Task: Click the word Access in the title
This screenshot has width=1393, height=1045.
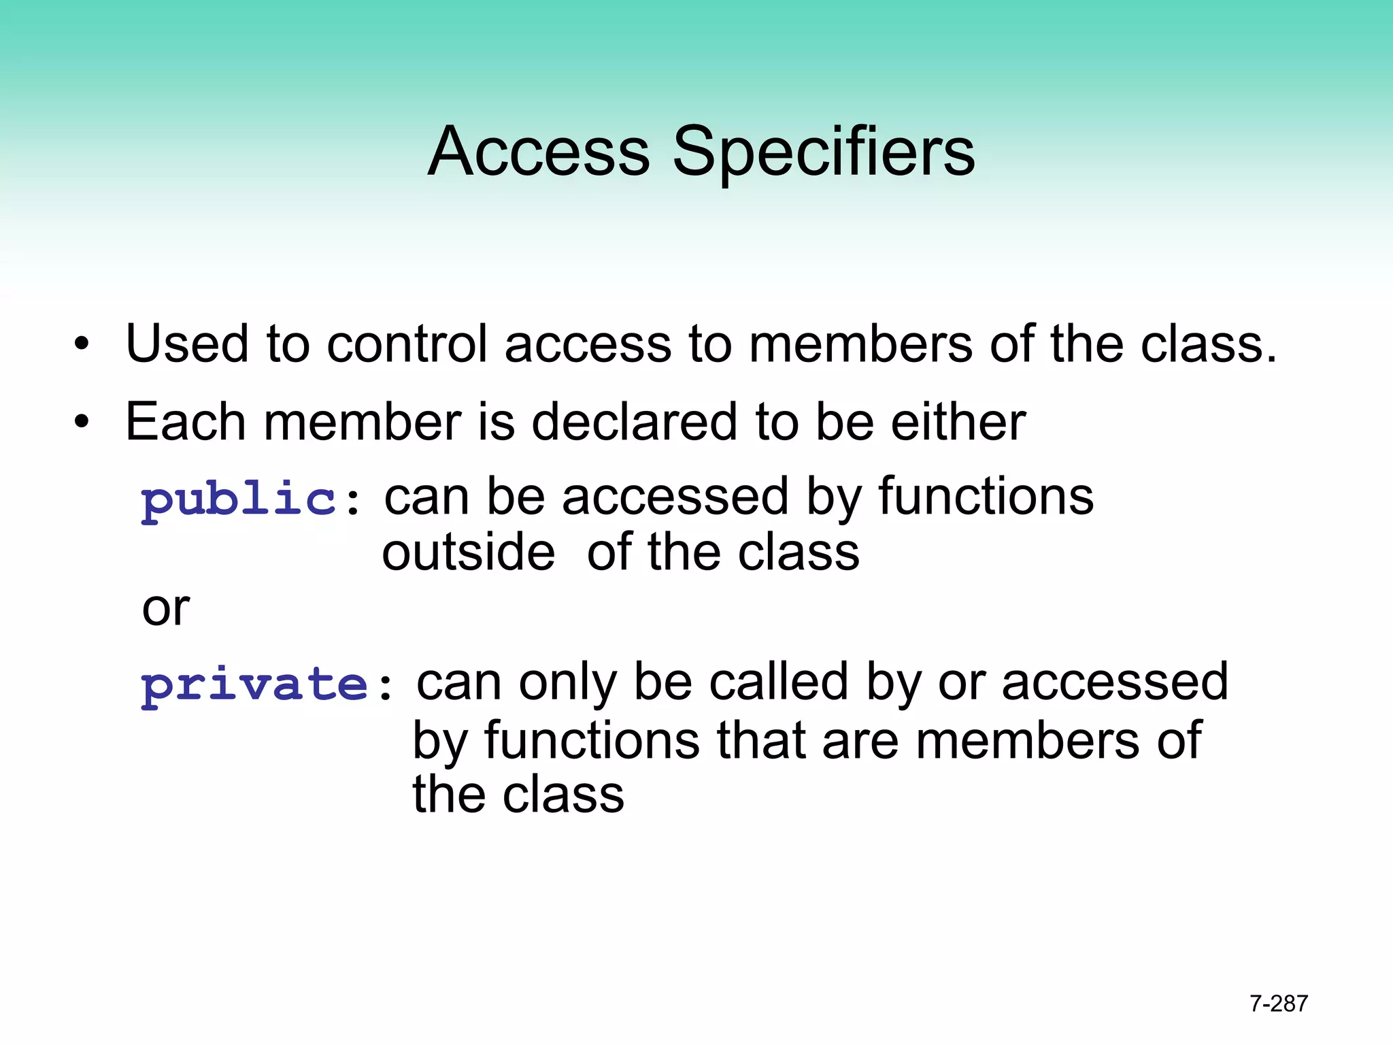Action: [539, 152]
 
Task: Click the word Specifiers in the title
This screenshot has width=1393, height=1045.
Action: [824, 152]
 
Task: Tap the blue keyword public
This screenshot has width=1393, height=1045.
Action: [239, 499]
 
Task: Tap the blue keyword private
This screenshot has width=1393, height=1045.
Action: [254, 684]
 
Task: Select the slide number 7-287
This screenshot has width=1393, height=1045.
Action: [1279, 1003]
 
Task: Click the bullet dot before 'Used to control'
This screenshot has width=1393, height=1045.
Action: [82, 344]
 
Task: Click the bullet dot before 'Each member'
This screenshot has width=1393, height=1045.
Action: [82, 422]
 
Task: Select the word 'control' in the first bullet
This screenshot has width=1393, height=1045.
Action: [407, 344]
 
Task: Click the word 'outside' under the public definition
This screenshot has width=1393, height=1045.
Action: [468, 552]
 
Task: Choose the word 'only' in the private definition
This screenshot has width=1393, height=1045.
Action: [567, 682]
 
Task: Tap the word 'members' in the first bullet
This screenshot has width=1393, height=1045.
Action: [861, 344]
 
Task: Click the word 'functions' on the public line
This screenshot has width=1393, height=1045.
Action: [986, 497]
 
